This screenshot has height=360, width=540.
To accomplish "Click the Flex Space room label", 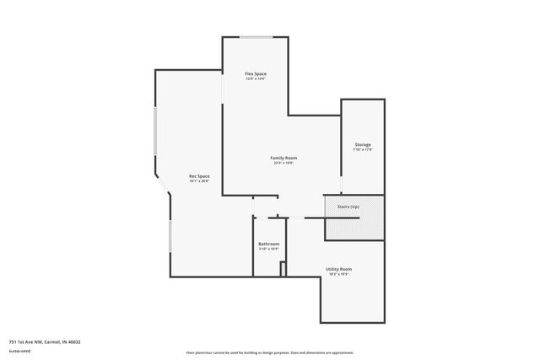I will [256, 74].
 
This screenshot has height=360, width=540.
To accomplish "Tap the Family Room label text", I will [283, 158].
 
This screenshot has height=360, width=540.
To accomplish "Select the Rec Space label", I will [199, 175].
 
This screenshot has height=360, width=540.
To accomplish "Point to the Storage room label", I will [362, 145].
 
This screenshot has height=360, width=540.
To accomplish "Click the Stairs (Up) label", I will [348, 206].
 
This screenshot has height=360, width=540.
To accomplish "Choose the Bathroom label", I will [268, 244].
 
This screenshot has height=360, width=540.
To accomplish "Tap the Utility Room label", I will [338, 269].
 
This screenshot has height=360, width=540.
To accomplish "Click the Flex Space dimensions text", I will [256, 79].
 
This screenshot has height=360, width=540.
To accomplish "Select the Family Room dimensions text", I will [283, 163].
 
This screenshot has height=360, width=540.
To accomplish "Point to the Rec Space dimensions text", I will [199, 180].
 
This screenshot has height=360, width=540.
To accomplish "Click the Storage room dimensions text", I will [362, 150].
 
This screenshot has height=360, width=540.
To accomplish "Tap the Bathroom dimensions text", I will [268, 249].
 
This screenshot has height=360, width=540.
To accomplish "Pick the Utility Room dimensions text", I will [338, 274].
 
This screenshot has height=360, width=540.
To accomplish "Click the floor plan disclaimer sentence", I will [270, 352].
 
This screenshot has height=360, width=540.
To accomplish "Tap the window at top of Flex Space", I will [256, 37].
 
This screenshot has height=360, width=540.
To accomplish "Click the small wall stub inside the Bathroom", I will [283, 269].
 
